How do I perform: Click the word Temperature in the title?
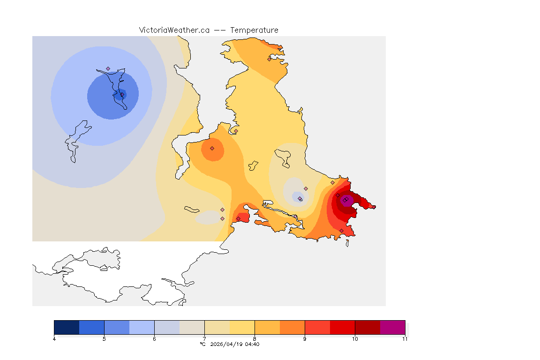(254, 30)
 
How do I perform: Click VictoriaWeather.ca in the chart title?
(174, 30)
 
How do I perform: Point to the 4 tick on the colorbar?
(54, 338)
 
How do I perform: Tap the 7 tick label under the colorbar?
(204, 338)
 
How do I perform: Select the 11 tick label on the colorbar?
(405, 338)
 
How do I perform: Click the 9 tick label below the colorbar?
(305, 338)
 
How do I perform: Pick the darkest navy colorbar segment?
(67, 327)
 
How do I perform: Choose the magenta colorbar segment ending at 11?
(392, 327)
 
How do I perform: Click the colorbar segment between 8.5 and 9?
(292, 327)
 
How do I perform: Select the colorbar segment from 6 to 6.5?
(167, 327)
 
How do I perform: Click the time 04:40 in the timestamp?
(252, 344)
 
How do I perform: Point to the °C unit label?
(202, 344)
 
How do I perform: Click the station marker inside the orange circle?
(212, 148)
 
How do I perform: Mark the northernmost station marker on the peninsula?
(269, 59)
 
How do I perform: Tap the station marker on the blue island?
(108, 69)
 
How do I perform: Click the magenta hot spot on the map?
(347, 201)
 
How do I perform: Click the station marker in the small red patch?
(238, 218)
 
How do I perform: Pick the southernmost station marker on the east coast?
(341, 230)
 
